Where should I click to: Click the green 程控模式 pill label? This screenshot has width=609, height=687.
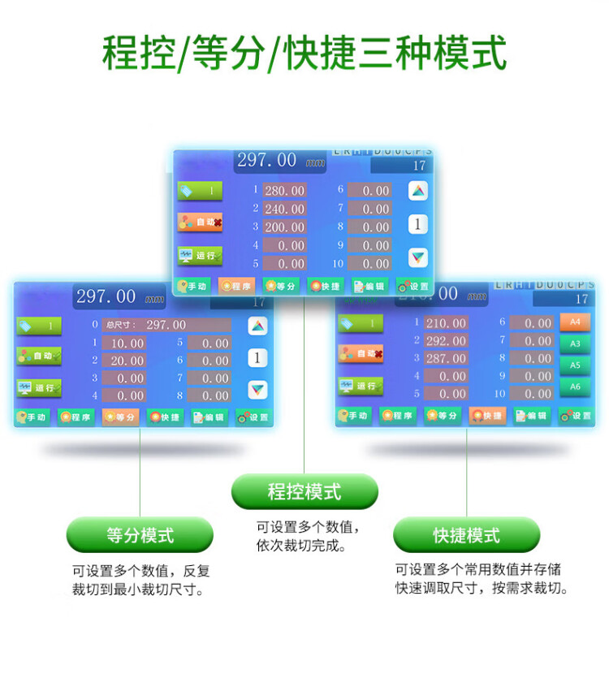tap(304, 492)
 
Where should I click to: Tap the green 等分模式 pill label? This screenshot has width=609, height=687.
tap(140, 535)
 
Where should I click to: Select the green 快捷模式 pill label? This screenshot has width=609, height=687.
tap(466, 535)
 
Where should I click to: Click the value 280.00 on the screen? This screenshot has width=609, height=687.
tap(285, 191)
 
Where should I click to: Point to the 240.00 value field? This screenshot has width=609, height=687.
tap(285, 209)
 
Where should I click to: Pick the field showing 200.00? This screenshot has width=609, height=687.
tap(285, 227)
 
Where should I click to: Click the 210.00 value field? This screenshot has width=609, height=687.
tap(446, 323)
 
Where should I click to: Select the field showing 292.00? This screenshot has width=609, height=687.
tap(446, 340)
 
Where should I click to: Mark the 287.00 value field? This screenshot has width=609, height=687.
tap(446, 358)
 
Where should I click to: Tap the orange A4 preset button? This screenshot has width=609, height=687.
tap(575, 322)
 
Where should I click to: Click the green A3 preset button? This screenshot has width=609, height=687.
tap(575, 343)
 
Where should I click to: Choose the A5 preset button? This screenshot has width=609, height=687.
tap(575, 365)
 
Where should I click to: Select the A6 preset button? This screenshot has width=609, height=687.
tap(575, 387)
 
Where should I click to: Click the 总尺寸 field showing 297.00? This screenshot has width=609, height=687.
tap(166, 325)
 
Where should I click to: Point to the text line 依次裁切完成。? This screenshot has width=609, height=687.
tap(301, 547)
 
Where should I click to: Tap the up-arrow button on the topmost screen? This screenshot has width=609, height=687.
tap(417, 191)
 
